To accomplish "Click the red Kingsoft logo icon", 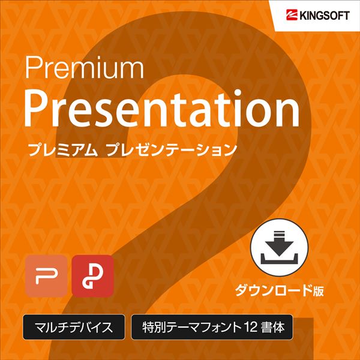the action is [292, 16].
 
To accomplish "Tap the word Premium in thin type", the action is [84, 67].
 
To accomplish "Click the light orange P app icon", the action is [46, 276].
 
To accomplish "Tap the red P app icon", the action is [92, 276].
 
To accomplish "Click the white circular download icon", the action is [279, 247].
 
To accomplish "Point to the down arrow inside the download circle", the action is [279, 244].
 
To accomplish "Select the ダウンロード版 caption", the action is [279, 290].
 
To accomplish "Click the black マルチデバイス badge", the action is [74, 327].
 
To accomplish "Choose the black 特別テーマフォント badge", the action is [212, 327].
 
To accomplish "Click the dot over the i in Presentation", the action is [238, 93].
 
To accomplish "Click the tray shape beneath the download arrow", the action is [279, 259].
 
